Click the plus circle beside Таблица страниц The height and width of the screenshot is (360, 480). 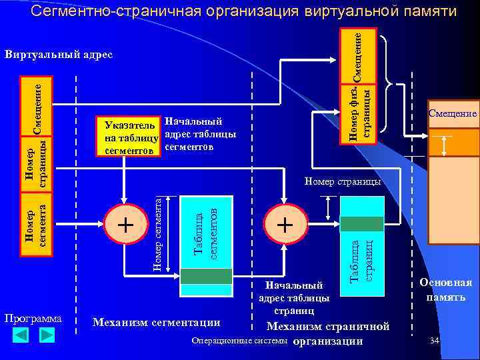tap(285, 225)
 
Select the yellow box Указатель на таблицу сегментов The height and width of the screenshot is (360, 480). tap(129, 138)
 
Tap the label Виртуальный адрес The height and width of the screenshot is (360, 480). tap(59, 54)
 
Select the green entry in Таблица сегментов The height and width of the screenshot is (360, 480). tap(206, 275)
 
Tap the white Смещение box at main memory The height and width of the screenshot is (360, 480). tap(453, 114)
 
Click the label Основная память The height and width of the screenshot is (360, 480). tap(446, 289)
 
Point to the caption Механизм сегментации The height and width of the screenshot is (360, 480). tap(157, 323)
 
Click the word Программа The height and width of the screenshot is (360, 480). tap(33, 318)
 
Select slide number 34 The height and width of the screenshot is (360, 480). tap(435, 341)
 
